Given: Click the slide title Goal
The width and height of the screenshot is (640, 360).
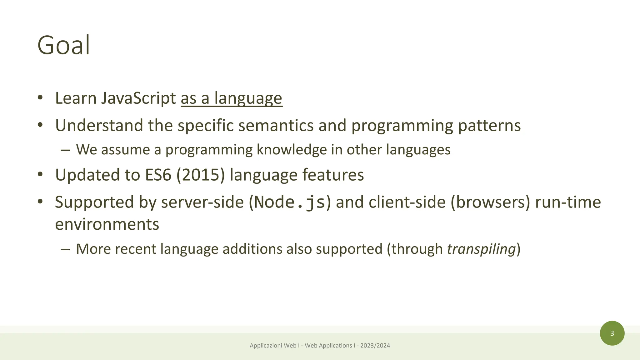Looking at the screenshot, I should (64, 46).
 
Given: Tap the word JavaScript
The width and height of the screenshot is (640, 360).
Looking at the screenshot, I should (138, 98).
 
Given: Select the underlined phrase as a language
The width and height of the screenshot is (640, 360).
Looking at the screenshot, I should (231, 98).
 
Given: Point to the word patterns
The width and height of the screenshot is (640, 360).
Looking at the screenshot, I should (489, 126).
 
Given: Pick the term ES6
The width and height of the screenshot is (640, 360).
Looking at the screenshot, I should (158, 175).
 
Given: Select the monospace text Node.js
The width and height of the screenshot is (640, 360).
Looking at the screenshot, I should (290, 202).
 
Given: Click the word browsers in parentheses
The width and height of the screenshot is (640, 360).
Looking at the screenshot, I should (490, 202).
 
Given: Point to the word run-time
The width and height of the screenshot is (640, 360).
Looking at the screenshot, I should (568, 202).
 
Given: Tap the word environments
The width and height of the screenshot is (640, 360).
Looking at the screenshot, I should (107, 224).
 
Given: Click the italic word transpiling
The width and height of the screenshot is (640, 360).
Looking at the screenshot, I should (481, 249).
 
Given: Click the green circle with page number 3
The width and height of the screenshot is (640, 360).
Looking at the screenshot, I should (612, 333).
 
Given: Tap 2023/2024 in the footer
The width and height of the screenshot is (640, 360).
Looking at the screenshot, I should (375, 346).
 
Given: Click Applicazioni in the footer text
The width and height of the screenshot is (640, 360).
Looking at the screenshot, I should (266, 346).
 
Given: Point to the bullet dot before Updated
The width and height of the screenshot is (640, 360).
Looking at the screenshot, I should (40, 174).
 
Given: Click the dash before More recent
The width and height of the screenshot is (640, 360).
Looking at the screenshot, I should (65, 249).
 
